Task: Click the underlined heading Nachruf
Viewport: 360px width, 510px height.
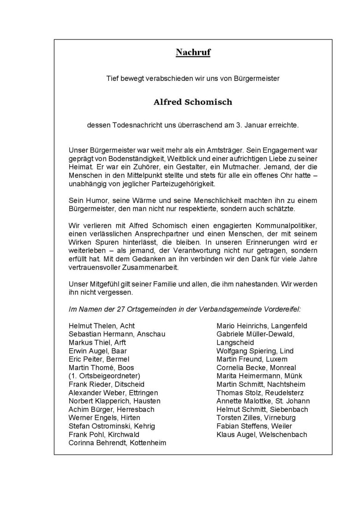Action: [x=193, y=53]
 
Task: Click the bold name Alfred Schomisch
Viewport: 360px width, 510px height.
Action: [x=193, y=102]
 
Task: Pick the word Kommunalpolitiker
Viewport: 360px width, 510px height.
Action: [x=283, y=225]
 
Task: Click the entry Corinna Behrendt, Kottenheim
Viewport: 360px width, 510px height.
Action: [x=117, y=443]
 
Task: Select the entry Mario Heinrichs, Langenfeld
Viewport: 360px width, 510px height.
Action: [x=262, y=326]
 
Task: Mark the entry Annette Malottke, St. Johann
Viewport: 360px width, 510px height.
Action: [x=263, y=401]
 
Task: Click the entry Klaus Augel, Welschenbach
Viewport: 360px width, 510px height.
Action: [x=262, y=434]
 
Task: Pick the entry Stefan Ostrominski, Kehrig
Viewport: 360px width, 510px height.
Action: [x=112, y=426]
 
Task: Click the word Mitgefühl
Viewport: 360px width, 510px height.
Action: [x=102, y=284]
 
